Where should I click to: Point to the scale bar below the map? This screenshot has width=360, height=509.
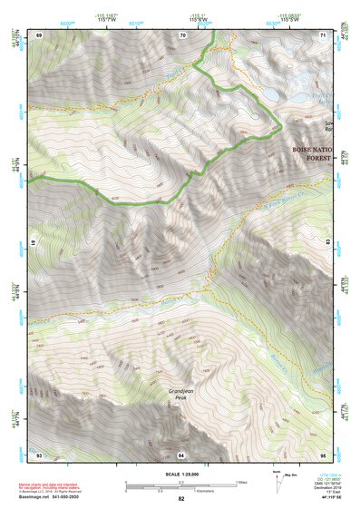(x=180, y=485)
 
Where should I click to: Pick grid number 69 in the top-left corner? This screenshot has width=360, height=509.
(x=39, y=34)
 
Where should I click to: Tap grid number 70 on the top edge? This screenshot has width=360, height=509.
(x=182, y=34)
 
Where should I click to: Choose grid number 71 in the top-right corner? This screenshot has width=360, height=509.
(x=324, y=34)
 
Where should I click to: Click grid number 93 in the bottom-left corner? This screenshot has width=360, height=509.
(x=39, y=454)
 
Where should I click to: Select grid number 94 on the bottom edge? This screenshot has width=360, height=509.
(x=182, y=454)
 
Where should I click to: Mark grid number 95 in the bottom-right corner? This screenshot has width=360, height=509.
(x=324, y=454)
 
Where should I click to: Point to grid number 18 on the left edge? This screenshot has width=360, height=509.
(x=33, y=243)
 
